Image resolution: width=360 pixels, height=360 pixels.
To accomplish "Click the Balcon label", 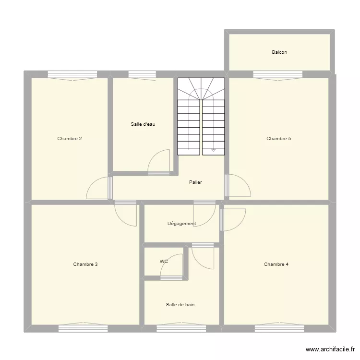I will coord(279,52).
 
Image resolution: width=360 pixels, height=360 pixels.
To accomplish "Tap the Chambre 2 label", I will coord(69,139).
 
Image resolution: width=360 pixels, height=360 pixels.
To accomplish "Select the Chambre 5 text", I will coord(279,139).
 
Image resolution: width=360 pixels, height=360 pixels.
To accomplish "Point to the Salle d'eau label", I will coord(143,124).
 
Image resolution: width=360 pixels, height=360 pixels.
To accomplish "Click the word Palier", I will coord(195,182).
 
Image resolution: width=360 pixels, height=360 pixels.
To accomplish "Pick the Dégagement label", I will coord(181,224).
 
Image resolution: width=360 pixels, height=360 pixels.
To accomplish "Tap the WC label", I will coord(164,262).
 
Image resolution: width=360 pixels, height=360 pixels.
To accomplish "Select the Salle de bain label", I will coord(180,304).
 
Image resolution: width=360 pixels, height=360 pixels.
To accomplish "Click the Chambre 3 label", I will coord(85,264).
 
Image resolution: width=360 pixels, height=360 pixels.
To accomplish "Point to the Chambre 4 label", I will coord(276,264).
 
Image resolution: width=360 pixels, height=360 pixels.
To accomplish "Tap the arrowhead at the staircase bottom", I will coord(214,151).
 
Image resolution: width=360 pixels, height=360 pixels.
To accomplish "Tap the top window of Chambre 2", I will coord(72,74).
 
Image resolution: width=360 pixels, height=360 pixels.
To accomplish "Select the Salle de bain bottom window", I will coord(181,328).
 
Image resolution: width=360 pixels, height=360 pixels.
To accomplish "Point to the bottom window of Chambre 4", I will coord(279,328).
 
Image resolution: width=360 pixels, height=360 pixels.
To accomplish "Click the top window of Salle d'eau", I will coord(142,74).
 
